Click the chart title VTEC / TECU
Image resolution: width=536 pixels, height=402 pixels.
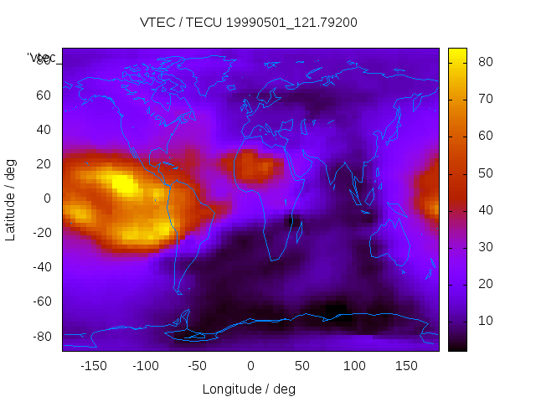click(249, 23)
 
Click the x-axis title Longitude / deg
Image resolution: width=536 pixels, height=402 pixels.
click(249, 389)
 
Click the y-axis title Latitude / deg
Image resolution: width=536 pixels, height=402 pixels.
click(11, 198)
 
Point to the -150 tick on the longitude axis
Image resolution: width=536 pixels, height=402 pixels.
click(93, 366)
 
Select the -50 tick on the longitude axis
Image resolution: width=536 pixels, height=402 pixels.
click(198, 366)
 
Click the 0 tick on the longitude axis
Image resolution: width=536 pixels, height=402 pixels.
click(250, 366)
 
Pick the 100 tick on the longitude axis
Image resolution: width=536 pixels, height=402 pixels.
click(354, 366)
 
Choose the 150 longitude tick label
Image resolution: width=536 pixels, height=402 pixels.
click(406, 366)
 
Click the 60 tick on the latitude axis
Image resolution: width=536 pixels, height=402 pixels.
click(44, 95)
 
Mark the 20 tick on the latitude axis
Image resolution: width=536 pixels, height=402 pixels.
click(44, 164)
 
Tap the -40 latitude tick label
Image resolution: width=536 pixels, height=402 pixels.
click(40, 267)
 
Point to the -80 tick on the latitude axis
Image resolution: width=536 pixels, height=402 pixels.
click(40, 336)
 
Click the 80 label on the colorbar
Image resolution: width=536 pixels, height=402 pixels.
click(484, 62)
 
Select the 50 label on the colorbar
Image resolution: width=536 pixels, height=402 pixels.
click(484, 173)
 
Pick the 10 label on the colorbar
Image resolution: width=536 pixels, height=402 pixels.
click(484, 321)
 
